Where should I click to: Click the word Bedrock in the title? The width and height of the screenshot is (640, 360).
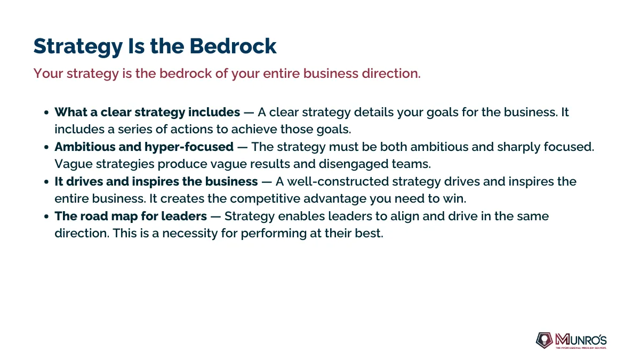[233, 46]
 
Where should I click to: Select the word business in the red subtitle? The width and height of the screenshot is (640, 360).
[331, 74]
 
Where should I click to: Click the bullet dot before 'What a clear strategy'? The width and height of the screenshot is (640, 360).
[46, 113]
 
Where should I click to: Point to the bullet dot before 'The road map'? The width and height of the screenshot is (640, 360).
[46, 217]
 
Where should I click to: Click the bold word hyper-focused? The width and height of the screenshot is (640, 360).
[189, 147]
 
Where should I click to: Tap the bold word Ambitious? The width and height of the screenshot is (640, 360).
[85, 147]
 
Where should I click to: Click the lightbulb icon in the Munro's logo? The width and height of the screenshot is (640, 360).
[545, 340]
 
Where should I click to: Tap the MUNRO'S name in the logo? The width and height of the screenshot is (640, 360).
[581, 339]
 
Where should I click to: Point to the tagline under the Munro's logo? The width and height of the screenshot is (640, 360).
[581, 348]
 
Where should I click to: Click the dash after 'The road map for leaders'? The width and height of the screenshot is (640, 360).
[215, 217]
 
